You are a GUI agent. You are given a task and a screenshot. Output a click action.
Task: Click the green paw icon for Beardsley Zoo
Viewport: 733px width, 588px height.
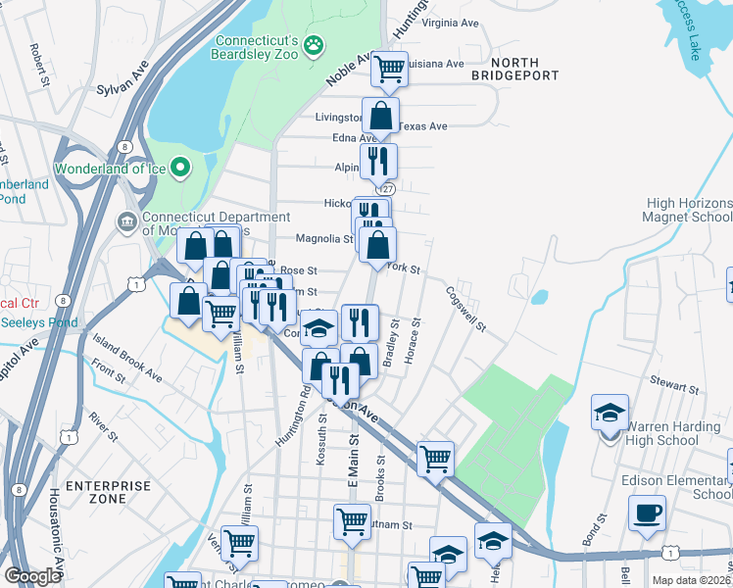coord(314,44)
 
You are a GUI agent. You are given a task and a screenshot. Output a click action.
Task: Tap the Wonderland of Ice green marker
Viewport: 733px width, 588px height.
coord(180,169)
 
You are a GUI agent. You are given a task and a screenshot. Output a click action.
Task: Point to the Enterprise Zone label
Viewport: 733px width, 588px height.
coord(108,492)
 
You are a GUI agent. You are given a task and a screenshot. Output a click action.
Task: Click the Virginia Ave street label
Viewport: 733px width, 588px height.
coord(450,23)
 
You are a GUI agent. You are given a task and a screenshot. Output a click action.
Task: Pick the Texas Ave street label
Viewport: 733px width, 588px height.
coord(422,126)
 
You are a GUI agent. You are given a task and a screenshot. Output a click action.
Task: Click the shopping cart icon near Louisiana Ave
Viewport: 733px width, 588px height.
coord(389,68)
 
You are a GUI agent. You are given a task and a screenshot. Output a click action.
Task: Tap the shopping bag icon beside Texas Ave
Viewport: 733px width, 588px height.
coord(380,116)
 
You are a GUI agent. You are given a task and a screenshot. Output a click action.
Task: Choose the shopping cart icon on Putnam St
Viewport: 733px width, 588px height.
coord(352,520)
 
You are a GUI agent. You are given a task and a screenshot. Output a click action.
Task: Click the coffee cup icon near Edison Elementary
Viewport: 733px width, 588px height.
coord(647,512)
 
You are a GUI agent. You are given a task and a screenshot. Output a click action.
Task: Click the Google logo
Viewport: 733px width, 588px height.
coord(32,576)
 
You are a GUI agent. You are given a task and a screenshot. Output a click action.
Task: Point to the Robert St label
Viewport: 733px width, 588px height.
coord(39,64)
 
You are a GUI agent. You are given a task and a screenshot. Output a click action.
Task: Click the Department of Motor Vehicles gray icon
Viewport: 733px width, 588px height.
coord(127,220)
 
